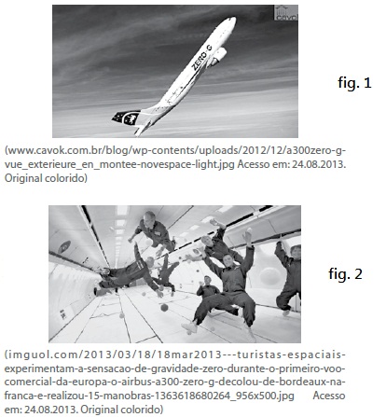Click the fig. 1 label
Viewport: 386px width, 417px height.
pos(354,83)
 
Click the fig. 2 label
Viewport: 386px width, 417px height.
pos(345,273)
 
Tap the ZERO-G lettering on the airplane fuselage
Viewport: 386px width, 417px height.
pos(201,57)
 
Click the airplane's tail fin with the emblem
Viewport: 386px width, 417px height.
pos(127,118)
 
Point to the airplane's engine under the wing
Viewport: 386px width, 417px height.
pos(218,56)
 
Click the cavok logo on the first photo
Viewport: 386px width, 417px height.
pos(286,13)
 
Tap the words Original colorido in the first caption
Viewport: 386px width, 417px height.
pos(46,178)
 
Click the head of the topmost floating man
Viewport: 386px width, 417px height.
pos(149,216)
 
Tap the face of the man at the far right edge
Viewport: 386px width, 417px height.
pos(296,252)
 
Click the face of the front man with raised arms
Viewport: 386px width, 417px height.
pos(227,260)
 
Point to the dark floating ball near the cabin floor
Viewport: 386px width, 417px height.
pos(164,308)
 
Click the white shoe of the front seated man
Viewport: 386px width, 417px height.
pos(189,327)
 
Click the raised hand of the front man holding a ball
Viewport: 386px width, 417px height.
pos(247,235)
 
